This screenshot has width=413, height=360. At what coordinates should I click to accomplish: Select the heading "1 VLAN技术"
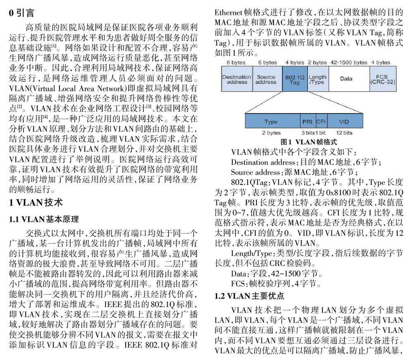click(x=36, y=203)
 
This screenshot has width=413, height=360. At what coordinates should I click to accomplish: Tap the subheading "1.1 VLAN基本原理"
click(x=44, y=219)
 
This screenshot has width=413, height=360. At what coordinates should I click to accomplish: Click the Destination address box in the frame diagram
click(x=236, y=79)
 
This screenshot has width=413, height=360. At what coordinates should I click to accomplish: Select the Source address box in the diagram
click(x=266, y=79)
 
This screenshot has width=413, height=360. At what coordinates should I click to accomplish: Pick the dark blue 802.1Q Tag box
click(x=294, y=79)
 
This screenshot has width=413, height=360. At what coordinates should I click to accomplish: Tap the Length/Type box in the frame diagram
click(x=317, y=79)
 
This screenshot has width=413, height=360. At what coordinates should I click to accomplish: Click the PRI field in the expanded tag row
click(x=307, y=122)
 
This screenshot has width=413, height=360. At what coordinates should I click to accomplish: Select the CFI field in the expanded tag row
click(x=320, y=122)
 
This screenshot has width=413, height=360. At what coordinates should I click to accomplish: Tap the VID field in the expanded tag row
click(x=344, y=122)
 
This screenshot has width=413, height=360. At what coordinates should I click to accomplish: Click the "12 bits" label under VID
click(x=344, y=133)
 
